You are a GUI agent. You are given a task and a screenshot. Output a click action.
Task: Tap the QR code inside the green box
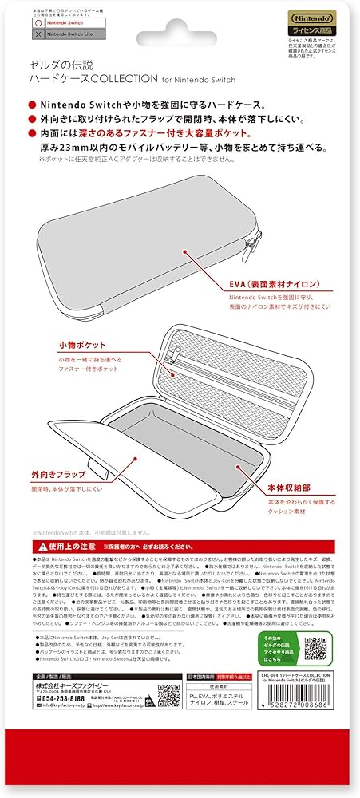click(x=317, y=646)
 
